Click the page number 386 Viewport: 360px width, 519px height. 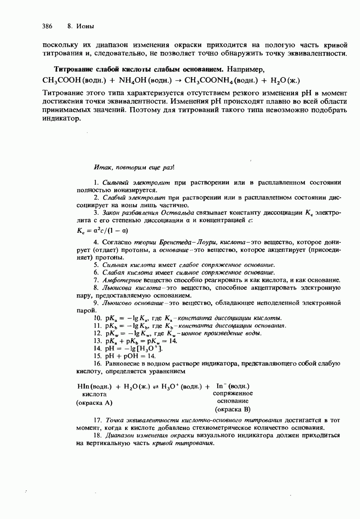click(x=47, y=26)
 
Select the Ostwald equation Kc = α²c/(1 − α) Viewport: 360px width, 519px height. click(x=102, y=231)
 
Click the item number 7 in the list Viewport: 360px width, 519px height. click(x=96, y=280)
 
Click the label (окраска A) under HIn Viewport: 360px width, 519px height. click(x=94, y=402)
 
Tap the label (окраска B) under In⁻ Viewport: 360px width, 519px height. click(x=233, y=409)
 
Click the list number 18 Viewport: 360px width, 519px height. click(x=97, y=436)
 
